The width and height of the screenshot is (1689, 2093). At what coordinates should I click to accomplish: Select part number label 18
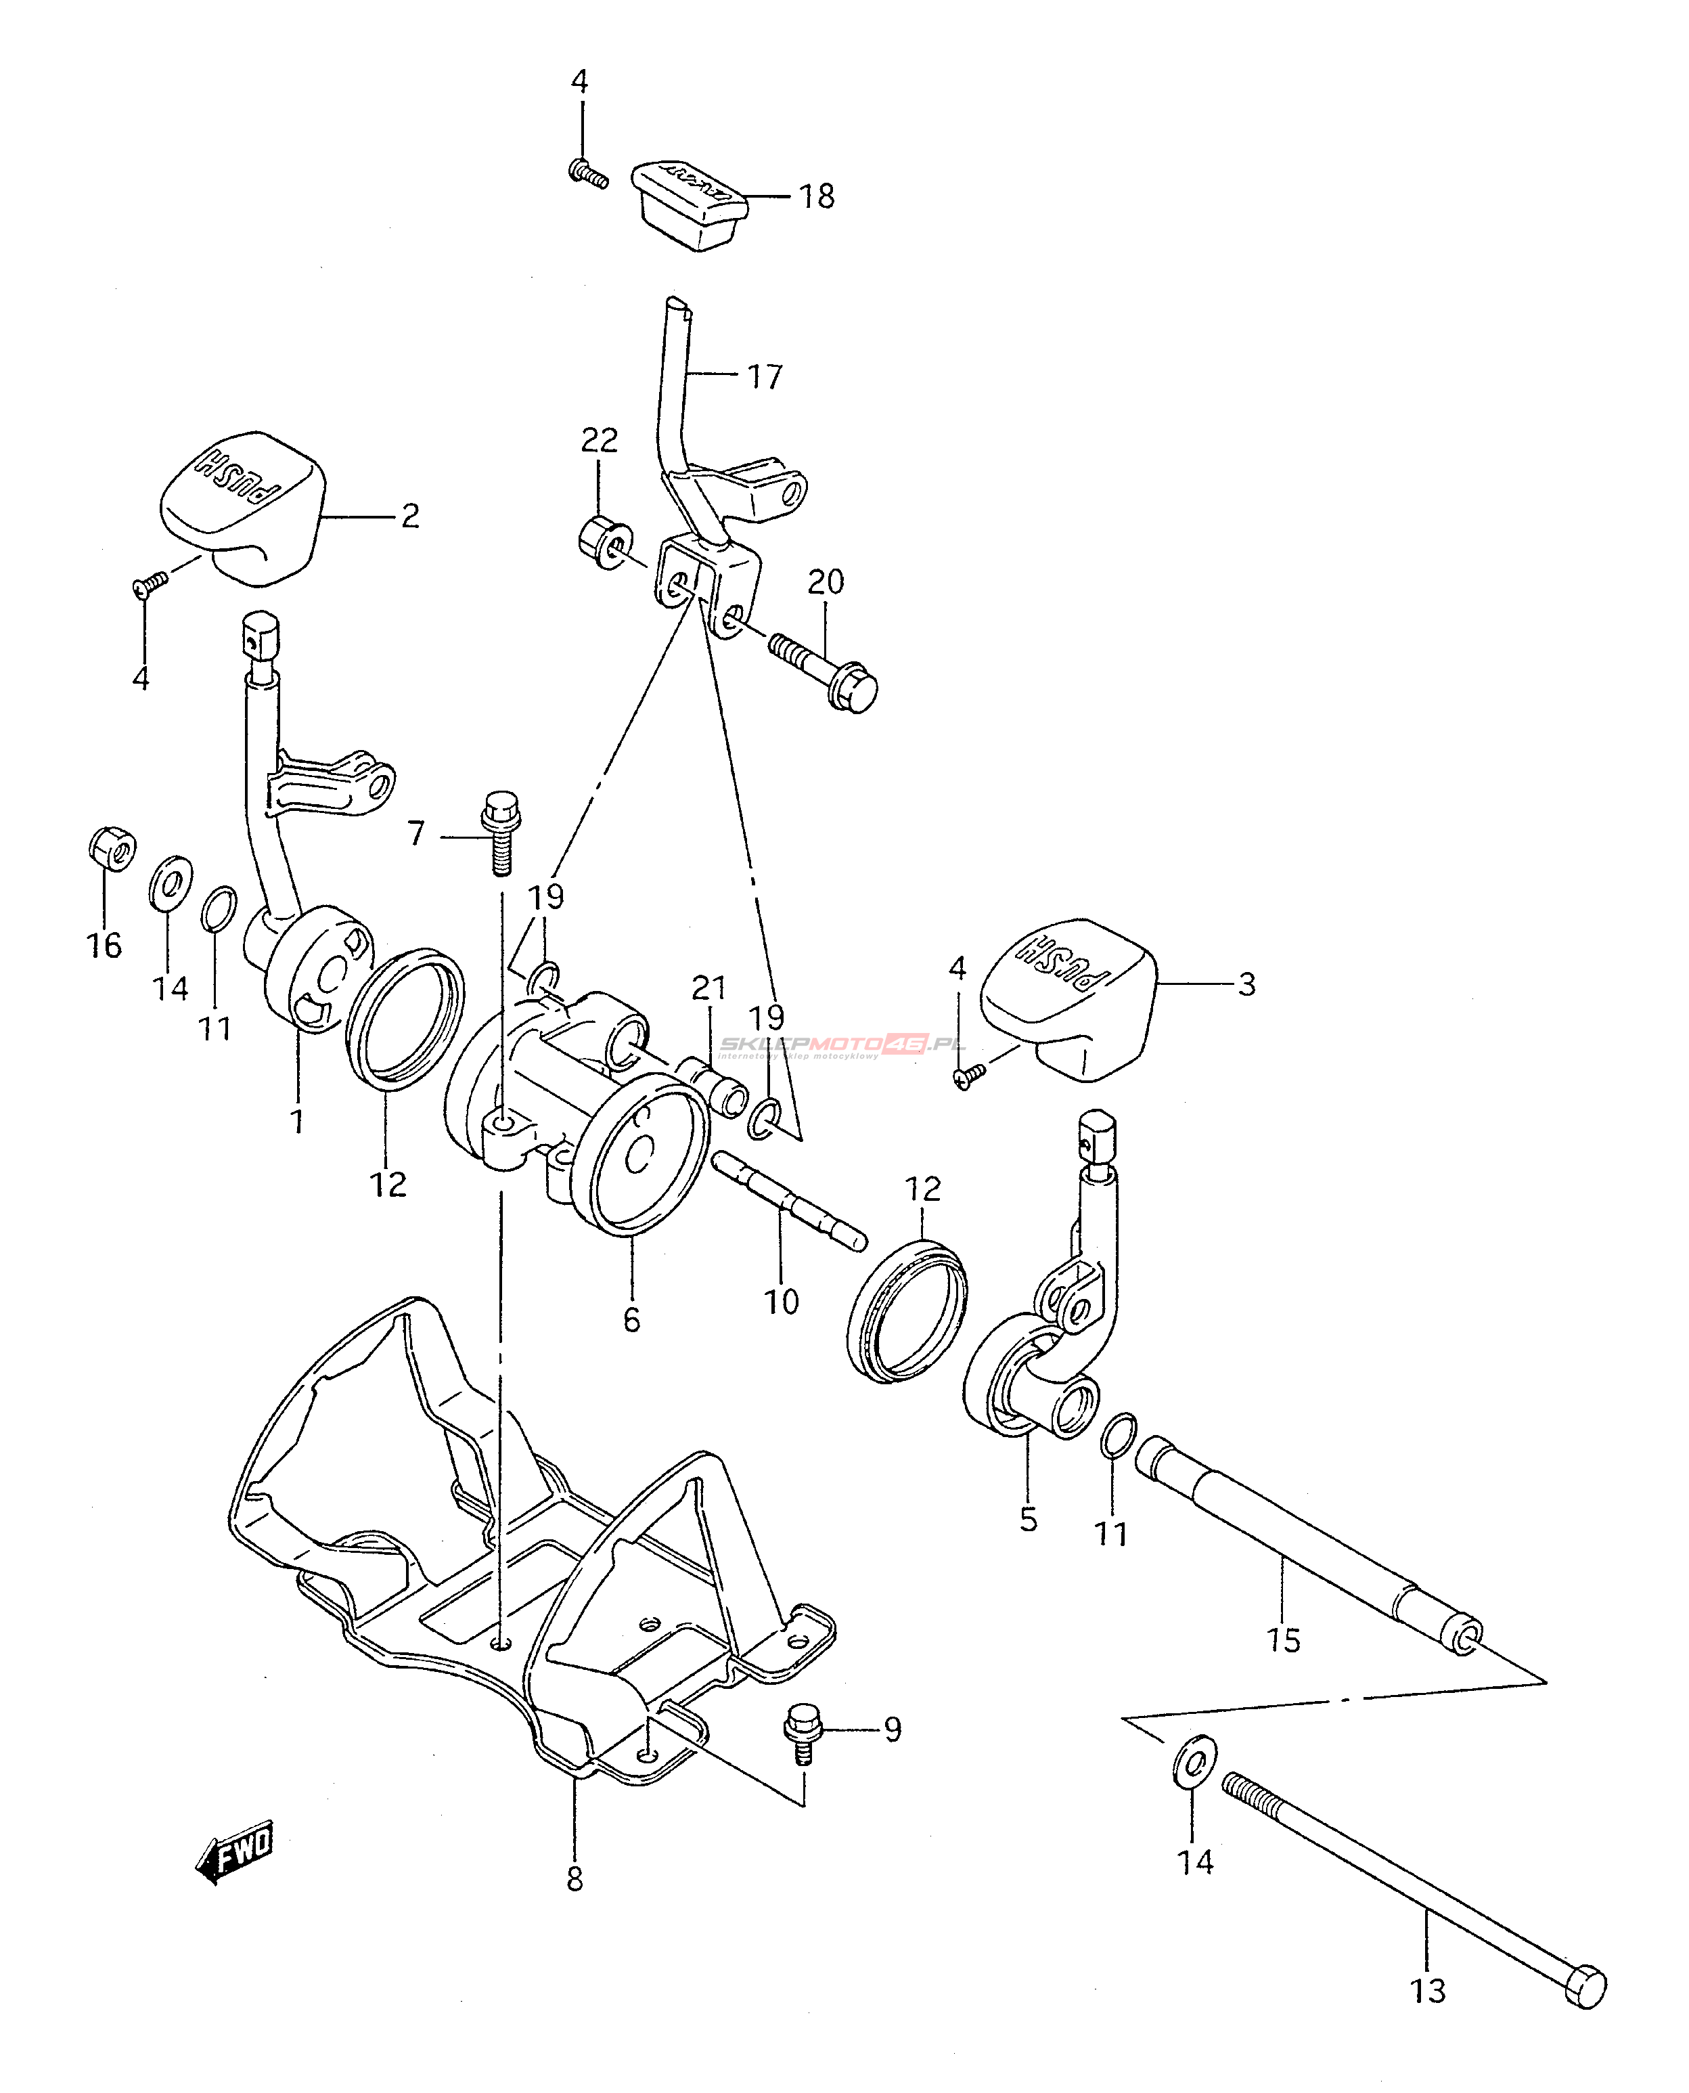pos(817,196)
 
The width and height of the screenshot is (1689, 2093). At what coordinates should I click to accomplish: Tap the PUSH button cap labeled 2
pos(243,506)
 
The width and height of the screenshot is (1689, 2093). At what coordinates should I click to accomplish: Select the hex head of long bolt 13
pos(1585,1978)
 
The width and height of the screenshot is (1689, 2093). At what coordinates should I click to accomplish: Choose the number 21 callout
pos(709,988)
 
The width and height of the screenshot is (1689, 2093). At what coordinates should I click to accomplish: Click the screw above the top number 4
pos(587,173)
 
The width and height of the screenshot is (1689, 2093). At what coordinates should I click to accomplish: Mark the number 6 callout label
pos(631,1321)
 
